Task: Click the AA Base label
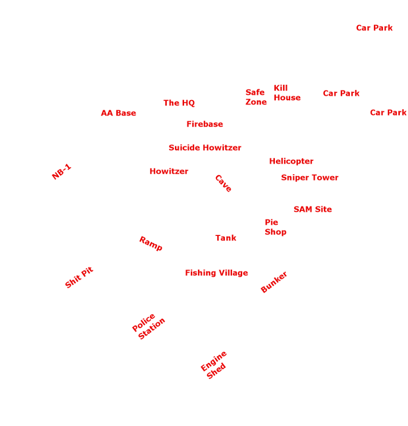tap(118, 113)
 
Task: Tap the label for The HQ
tap(179, 103)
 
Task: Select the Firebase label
tap(205, 124)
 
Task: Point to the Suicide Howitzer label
tap(205, 148)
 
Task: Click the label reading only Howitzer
tap(169, 171)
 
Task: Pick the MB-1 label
tap(62, 171)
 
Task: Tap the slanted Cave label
tap(223, 183)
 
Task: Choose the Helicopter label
tap(291, 161)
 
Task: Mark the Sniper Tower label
tap(310, 178)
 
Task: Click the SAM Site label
tap(313, 209)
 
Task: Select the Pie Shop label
tap(275, 227)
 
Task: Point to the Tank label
tap(225, 238)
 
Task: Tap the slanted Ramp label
tap(151, 243)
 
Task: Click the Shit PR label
tap(80, 278)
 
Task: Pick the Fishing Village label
tap(216, 273)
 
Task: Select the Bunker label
tap(274, 282)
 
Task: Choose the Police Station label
tap(148, 326)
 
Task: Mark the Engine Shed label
tap(214, 365)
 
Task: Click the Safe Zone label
tap(256, 97)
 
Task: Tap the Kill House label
tap(287, 93)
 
